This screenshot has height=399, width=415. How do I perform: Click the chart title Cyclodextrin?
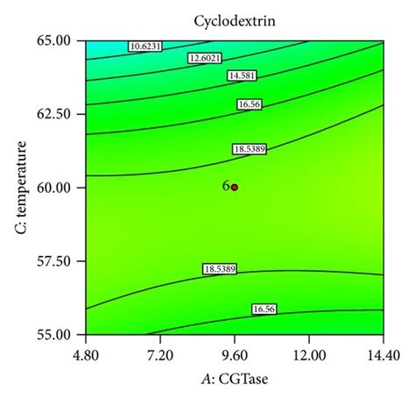[x=234, y=18]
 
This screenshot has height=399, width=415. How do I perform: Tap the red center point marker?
[x=235, y=188]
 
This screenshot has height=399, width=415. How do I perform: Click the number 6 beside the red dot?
[x=225, y=187]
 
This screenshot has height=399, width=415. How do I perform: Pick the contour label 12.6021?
[x=204, y=59]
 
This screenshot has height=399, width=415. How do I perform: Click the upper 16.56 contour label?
[x=250, y=104]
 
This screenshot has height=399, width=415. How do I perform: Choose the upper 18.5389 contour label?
[x=250, y=150]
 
